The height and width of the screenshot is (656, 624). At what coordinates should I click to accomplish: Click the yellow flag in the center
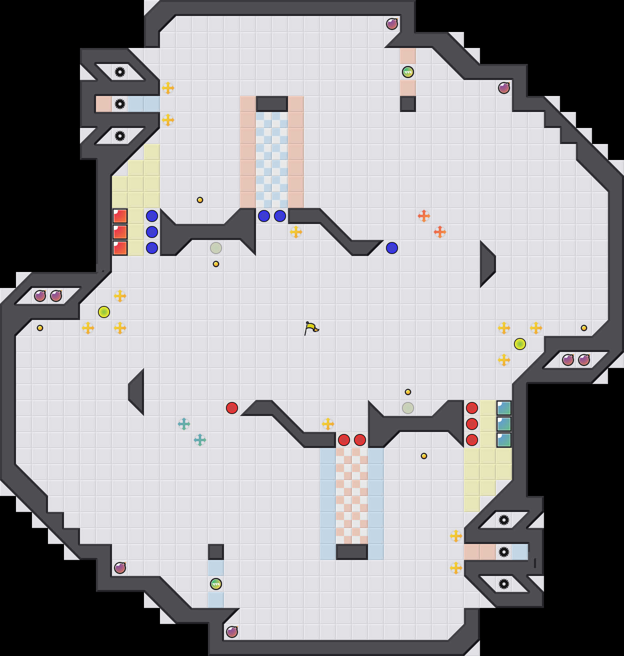(311, 328)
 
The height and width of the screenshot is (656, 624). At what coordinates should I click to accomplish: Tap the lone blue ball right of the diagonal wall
(392, 248)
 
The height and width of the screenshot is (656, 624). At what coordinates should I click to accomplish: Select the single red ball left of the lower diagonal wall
(232, 408)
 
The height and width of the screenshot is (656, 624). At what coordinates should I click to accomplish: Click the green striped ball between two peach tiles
(408, 72)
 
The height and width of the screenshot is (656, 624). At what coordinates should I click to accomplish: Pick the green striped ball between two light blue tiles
(216, 584)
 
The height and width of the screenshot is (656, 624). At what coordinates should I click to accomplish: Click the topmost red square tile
(120, 216)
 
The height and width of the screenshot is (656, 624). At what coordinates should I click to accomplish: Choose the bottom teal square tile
(504, 440)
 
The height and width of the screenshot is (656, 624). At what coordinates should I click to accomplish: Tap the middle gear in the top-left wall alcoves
(120, 104)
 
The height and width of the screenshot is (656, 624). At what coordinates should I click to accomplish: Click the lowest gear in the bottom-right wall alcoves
(504, 584)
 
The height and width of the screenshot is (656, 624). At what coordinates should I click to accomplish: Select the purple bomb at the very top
(392, 24)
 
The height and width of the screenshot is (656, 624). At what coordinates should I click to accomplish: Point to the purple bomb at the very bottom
(232, 632)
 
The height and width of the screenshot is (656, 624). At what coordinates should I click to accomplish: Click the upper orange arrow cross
(424, 216)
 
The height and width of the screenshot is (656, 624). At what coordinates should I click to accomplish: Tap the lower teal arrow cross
(200, 440)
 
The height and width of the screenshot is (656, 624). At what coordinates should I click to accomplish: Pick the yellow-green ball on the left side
(104, 312)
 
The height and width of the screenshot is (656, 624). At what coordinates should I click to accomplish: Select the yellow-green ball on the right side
(520, 344)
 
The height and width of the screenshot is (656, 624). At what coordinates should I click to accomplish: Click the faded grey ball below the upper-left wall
(216, 248)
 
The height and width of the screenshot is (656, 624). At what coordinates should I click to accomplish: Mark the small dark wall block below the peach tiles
(408, 104)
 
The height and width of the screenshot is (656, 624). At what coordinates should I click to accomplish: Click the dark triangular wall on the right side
(487, 264)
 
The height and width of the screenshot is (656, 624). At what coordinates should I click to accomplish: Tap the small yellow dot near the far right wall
(584, 328)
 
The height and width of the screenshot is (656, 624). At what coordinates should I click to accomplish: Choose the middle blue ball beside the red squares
(152, 232)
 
